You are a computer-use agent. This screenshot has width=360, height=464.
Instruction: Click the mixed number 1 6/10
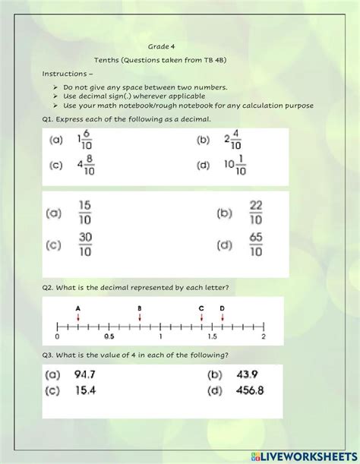tap(84, 140)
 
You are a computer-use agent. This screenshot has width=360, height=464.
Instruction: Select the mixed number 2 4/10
tap(232, 140)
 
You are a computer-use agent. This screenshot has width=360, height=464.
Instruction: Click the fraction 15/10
tap(86, 214)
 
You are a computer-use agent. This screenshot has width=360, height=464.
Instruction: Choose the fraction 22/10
tap(256, 214)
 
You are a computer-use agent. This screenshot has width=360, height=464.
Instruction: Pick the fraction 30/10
tap(86, 245)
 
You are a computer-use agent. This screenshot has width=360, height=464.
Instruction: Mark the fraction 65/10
tap(256, 245)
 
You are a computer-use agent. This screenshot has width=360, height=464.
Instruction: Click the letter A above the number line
tap(78, 307)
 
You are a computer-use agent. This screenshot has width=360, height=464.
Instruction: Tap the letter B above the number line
tap(140, 307)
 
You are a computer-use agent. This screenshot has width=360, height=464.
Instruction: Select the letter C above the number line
tap(201, 307)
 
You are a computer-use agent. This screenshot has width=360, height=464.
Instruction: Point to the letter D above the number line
tap(222, 307)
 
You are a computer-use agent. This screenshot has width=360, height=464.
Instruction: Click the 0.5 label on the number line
tap(109, 336)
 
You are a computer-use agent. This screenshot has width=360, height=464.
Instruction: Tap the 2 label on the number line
tap(263, 336)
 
